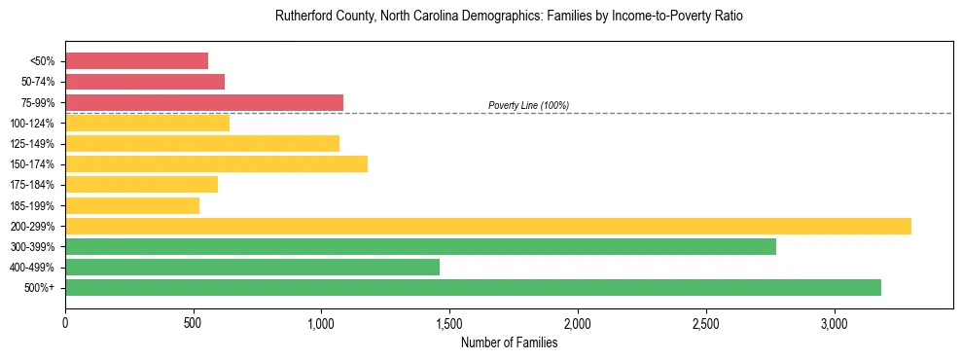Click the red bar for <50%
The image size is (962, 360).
(x=136, y=61)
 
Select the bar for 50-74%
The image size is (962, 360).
(x=145, y=82)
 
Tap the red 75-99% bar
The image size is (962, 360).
(x=204, y=102)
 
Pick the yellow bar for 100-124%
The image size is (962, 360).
(x=147, y=123)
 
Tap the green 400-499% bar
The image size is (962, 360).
(x=252, y=267)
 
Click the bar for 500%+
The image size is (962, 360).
(x=473, y=287)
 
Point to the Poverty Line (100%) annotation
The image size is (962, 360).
(x=528, y=105)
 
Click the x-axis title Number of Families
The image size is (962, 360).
(x=509, y=342)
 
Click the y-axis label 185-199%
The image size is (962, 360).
(x=32, y=205)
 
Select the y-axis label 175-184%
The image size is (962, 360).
(x=32, y=185)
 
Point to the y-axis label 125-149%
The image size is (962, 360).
(x=32, y=144)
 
